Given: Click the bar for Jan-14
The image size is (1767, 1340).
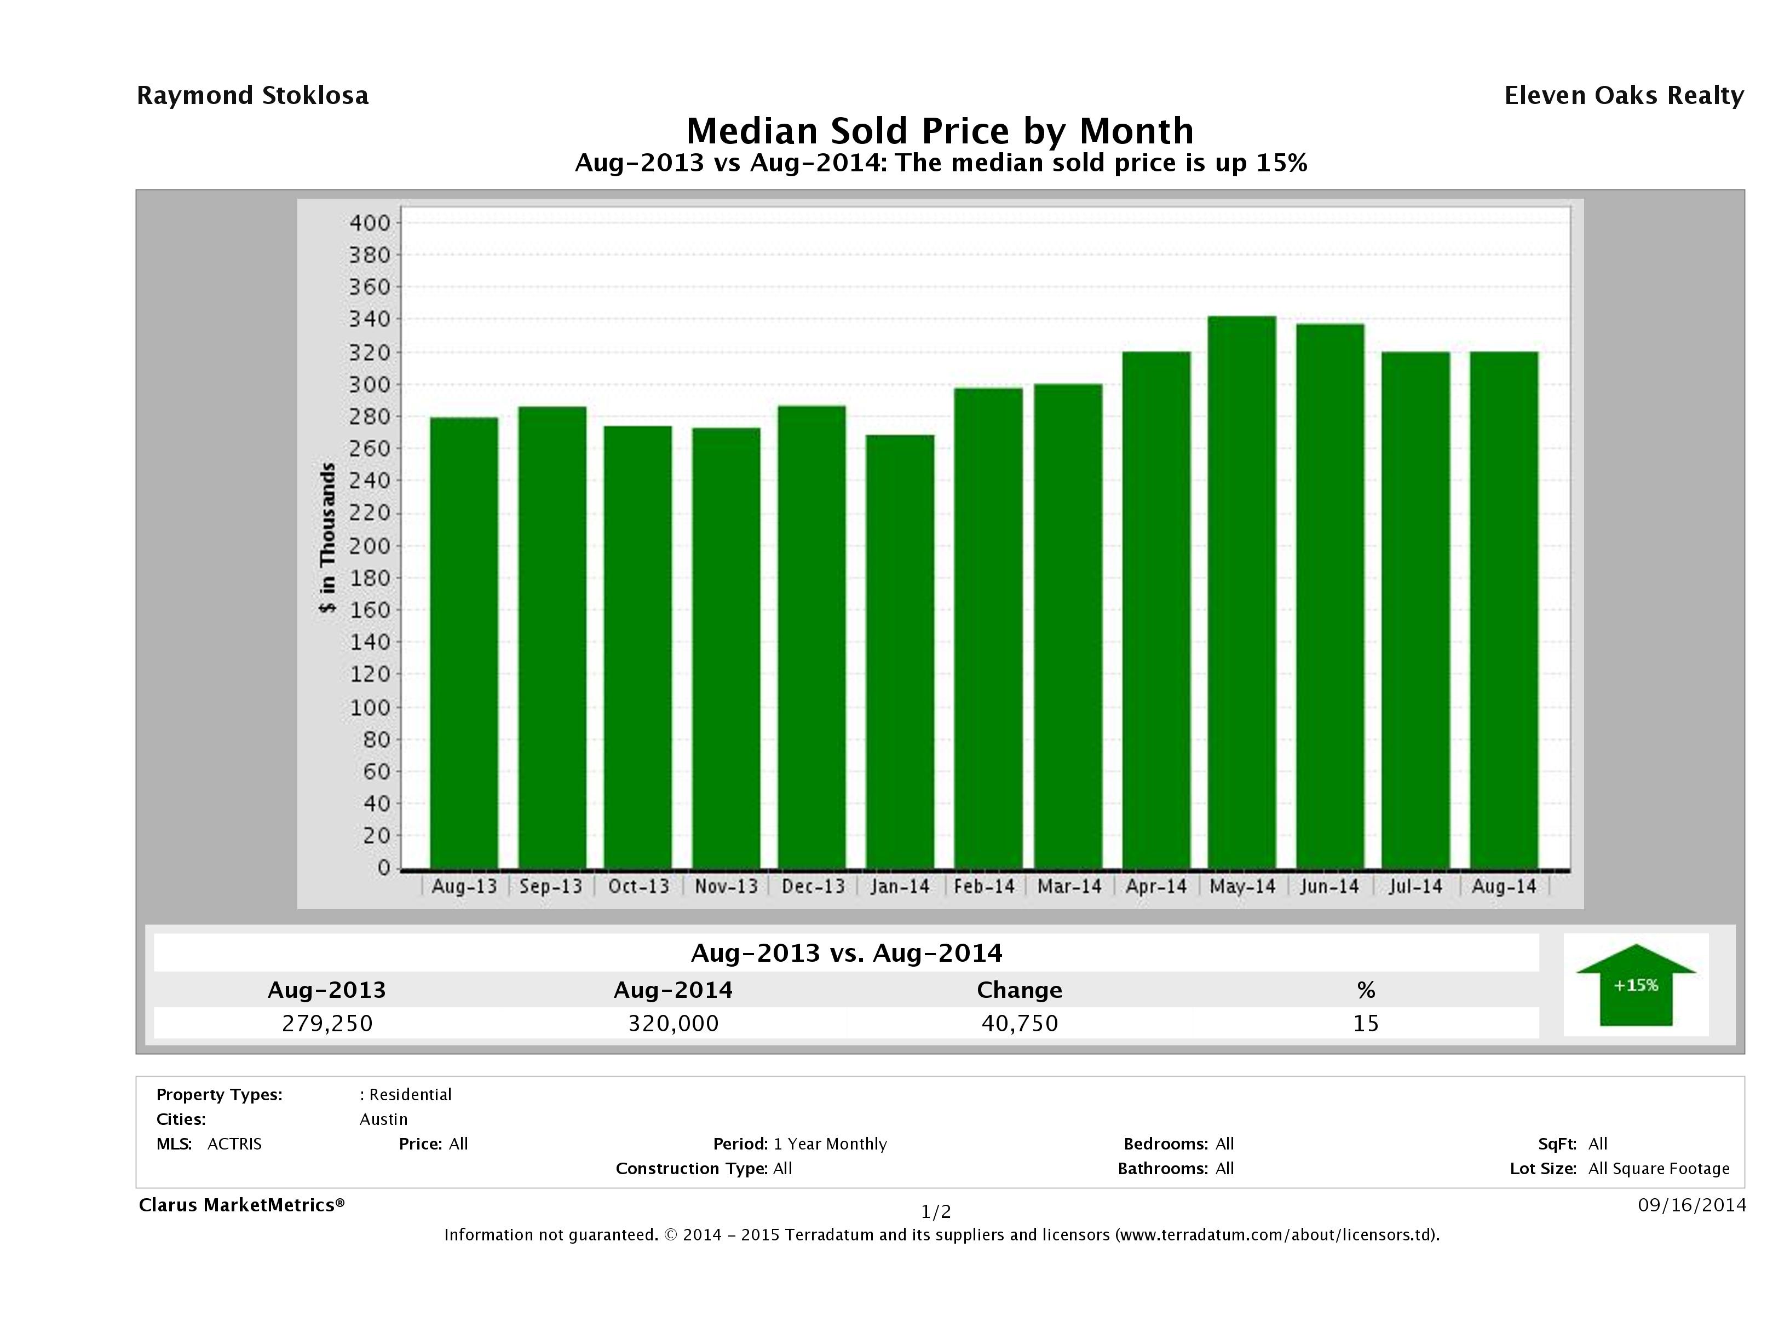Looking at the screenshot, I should [x=900, y=651].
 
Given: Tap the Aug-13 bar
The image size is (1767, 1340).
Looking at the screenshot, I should [x=464, y=643].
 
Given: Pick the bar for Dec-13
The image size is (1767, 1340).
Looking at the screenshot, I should [x=811, y=637].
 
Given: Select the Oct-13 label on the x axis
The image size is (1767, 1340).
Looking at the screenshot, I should [x=638, y=886].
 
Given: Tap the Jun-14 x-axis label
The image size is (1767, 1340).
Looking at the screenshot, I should [x=1329, y=886].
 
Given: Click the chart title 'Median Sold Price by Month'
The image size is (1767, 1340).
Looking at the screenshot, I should [x=940, y=130].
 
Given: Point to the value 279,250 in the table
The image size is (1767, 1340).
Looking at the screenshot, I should [x=327, y=1023].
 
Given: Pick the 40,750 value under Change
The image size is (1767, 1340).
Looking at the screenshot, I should [x=1020, y=1023].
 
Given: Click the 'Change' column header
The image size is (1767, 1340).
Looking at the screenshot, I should [x=1020, y=990].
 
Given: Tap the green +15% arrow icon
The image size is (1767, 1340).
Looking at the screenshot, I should [x=1635, y=985].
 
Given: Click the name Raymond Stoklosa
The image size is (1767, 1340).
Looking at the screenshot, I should [x=252, y=96].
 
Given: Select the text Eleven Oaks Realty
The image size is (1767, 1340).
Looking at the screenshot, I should [x=1623, y=96].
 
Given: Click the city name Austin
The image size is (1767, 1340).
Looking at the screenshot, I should [x=383, y=1119].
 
